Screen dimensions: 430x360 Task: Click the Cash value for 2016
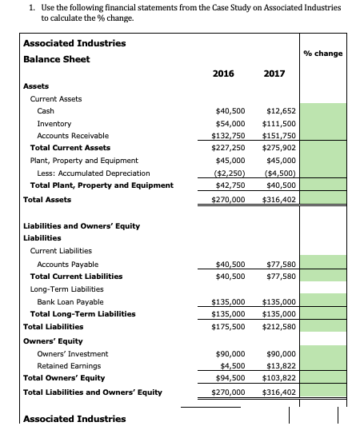[x=230, y=110]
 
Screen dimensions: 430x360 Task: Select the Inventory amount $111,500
[x=278, y=124]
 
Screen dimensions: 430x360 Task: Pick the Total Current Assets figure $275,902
[x=278, y=148]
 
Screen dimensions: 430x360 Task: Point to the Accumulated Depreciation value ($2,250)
[x=230, y=173]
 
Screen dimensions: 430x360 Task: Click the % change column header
[x=323, y=54]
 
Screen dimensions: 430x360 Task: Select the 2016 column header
[x=223, y=74]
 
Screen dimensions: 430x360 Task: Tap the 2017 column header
[x=274, y=74]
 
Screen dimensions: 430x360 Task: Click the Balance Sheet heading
[x=56, y=59]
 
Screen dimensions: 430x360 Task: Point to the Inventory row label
[x=54, y=124]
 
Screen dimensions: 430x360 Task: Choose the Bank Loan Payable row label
[x=70, y=302]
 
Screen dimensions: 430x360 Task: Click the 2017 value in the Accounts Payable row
[x=280, y=264]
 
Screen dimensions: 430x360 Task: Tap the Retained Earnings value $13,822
[x=280, y=365]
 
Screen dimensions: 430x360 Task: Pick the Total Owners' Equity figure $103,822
[x=278, y=377]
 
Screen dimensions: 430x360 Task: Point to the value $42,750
[x=230, y=185]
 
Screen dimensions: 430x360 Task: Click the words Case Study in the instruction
[x=225, y=7]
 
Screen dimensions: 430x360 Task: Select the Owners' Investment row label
[x=73, y=353]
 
